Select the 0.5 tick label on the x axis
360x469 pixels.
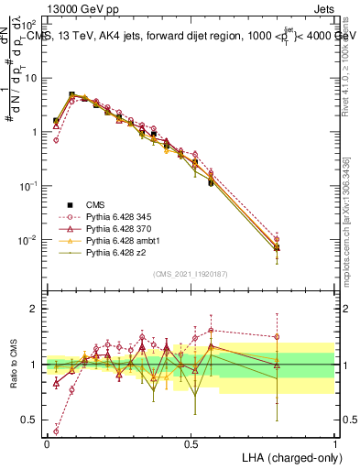tap(191, 443)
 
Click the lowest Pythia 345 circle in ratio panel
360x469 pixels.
tap(57, 430)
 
